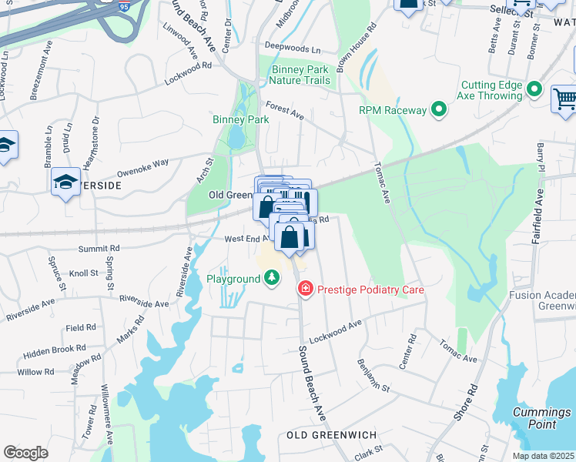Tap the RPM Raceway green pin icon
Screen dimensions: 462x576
coord(439,110)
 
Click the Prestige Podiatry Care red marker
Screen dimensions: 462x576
coord(305,289)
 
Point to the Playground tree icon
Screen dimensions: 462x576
coord(271,277)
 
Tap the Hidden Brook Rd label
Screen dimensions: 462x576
coord(54,350)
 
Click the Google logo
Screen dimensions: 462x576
coord(25,453)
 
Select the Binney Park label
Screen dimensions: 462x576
coord(241,119)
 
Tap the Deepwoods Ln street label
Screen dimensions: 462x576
coord(292,49)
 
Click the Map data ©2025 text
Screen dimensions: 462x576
coord(543,456)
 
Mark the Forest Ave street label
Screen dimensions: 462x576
coord(285,110)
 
